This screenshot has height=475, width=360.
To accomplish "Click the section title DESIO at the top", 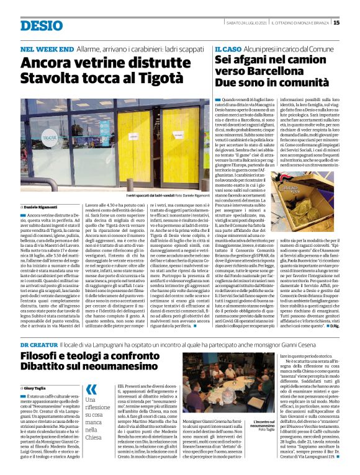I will (x=42, y=25).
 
